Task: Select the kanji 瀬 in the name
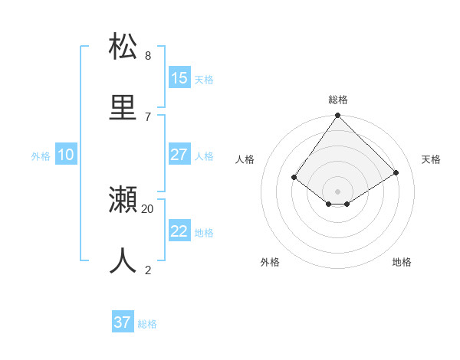click(123, 200)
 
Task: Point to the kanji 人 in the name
click(123, 260)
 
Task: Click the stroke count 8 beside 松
click(148, 55)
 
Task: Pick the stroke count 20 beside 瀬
click(148, 208)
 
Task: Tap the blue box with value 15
click(179, 78)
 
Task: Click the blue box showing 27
click(179, 155)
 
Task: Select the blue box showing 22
click(179, 231)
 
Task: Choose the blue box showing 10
click(66, 155)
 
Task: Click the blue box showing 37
click(123, 322)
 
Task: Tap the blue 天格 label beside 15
click(204, 79)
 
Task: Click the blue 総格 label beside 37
click(147, 324)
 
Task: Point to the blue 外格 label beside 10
click(41, 156)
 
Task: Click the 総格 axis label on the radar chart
click(338, 100)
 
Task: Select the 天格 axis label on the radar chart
click(432, 159)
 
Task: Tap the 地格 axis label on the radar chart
click(402, 262)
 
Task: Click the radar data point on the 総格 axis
click(338, 116)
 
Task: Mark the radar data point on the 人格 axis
click(294, 177)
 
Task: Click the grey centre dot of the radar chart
click(338, 191)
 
